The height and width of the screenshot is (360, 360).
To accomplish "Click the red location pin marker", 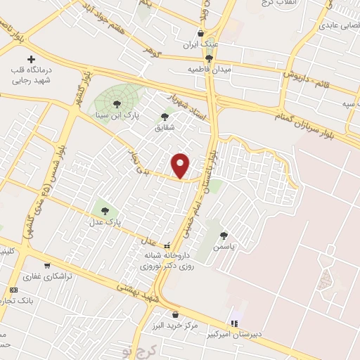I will pyautogui.click(x=181, y=165).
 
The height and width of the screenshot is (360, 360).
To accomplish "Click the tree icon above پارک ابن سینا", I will pyautogui.click(x=117, y=104).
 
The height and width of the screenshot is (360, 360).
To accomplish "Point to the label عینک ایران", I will pyautogui.click(x=201, y=44).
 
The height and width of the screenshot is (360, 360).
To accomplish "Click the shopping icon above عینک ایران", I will pyautogui.click(x=201, y=33).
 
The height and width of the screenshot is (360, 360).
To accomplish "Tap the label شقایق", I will pyautogui.click(x=165, y=129).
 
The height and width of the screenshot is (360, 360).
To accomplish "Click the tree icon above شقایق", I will pyautogui.click(x=165, y=117).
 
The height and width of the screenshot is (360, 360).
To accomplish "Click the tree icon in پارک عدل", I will pyautogui.click(x=105, y=209).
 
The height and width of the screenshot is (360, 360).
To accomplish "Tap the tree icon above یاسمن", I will pyautogui.click(x=224, y=236).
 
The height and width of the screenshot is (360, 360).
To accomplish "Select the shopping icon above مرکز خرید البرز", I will pyautogui.click(x=175, y=315).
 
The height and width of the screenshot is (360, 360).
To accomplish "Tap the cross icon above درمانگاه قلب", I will pyautogui.click(x=30, y=60).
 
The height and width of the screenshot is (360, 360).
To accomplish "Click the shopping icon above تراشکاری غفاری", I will pyautogui.click(x=47, y=266).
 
